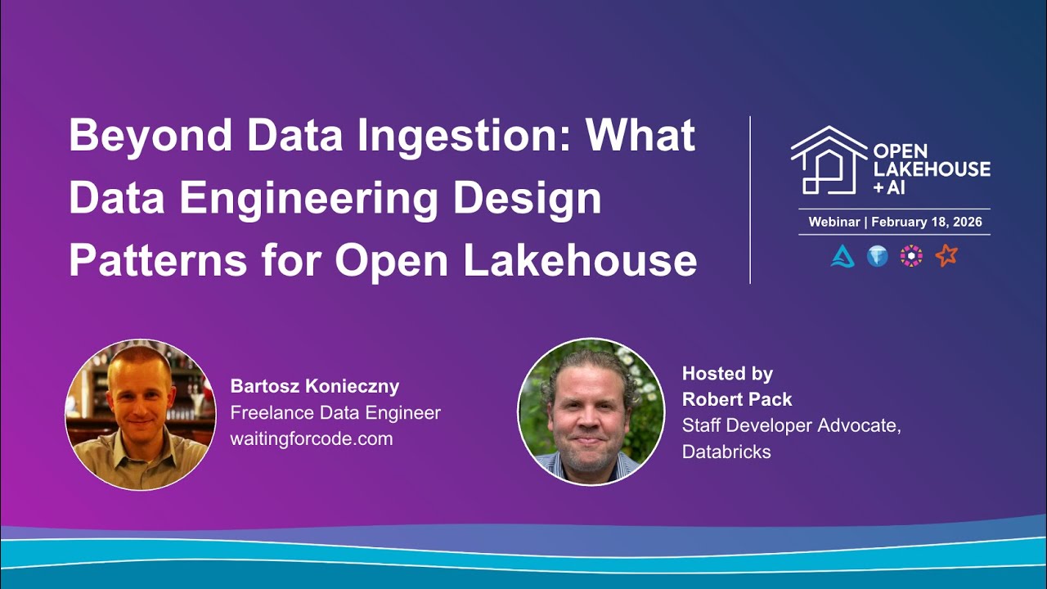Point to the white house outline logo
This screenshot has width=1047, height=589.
pyautogui.click(x=828, y=160)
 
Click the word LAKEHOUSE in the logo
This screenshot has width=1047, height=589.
pyautogui.click(x=932, y=169)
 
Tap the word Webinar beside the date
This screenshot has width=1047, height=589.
pyautogui.click(x=834, y=222)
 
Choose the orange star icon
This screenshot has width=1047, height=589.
pyautogui.click(x=946, y=256)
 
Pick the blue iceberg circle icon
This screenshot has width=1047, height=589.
pyautogui.click(x=878, y=256)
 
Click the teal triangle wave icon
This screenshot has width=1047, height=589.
pyautogui.click(x=843, y=256)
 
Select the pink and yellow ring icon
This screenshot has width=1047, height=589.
pyautogui.click(x=911, y=256)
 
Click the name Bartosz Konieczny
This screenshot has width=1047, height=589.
pyautogui.click(x=315, y=386)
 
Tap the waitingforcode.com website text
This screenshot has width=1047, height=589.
pyautogui.click(x=312, y=438)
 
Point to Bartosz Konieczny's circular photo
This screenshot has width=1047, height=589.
pyautogui.click(x=140, y=414)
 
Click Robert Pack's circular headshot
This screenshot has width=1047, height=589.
pyautogui.click(x=591, y=411)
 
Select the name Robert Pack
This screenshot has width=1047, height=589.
pyautogui.click(x=737, y=400)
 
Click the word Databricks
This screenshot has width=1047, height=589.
pyautogui.click(x=726, y=452)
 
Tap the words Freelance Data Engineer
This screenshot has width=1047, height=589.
pyautogui.click(x=335, y=412)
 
